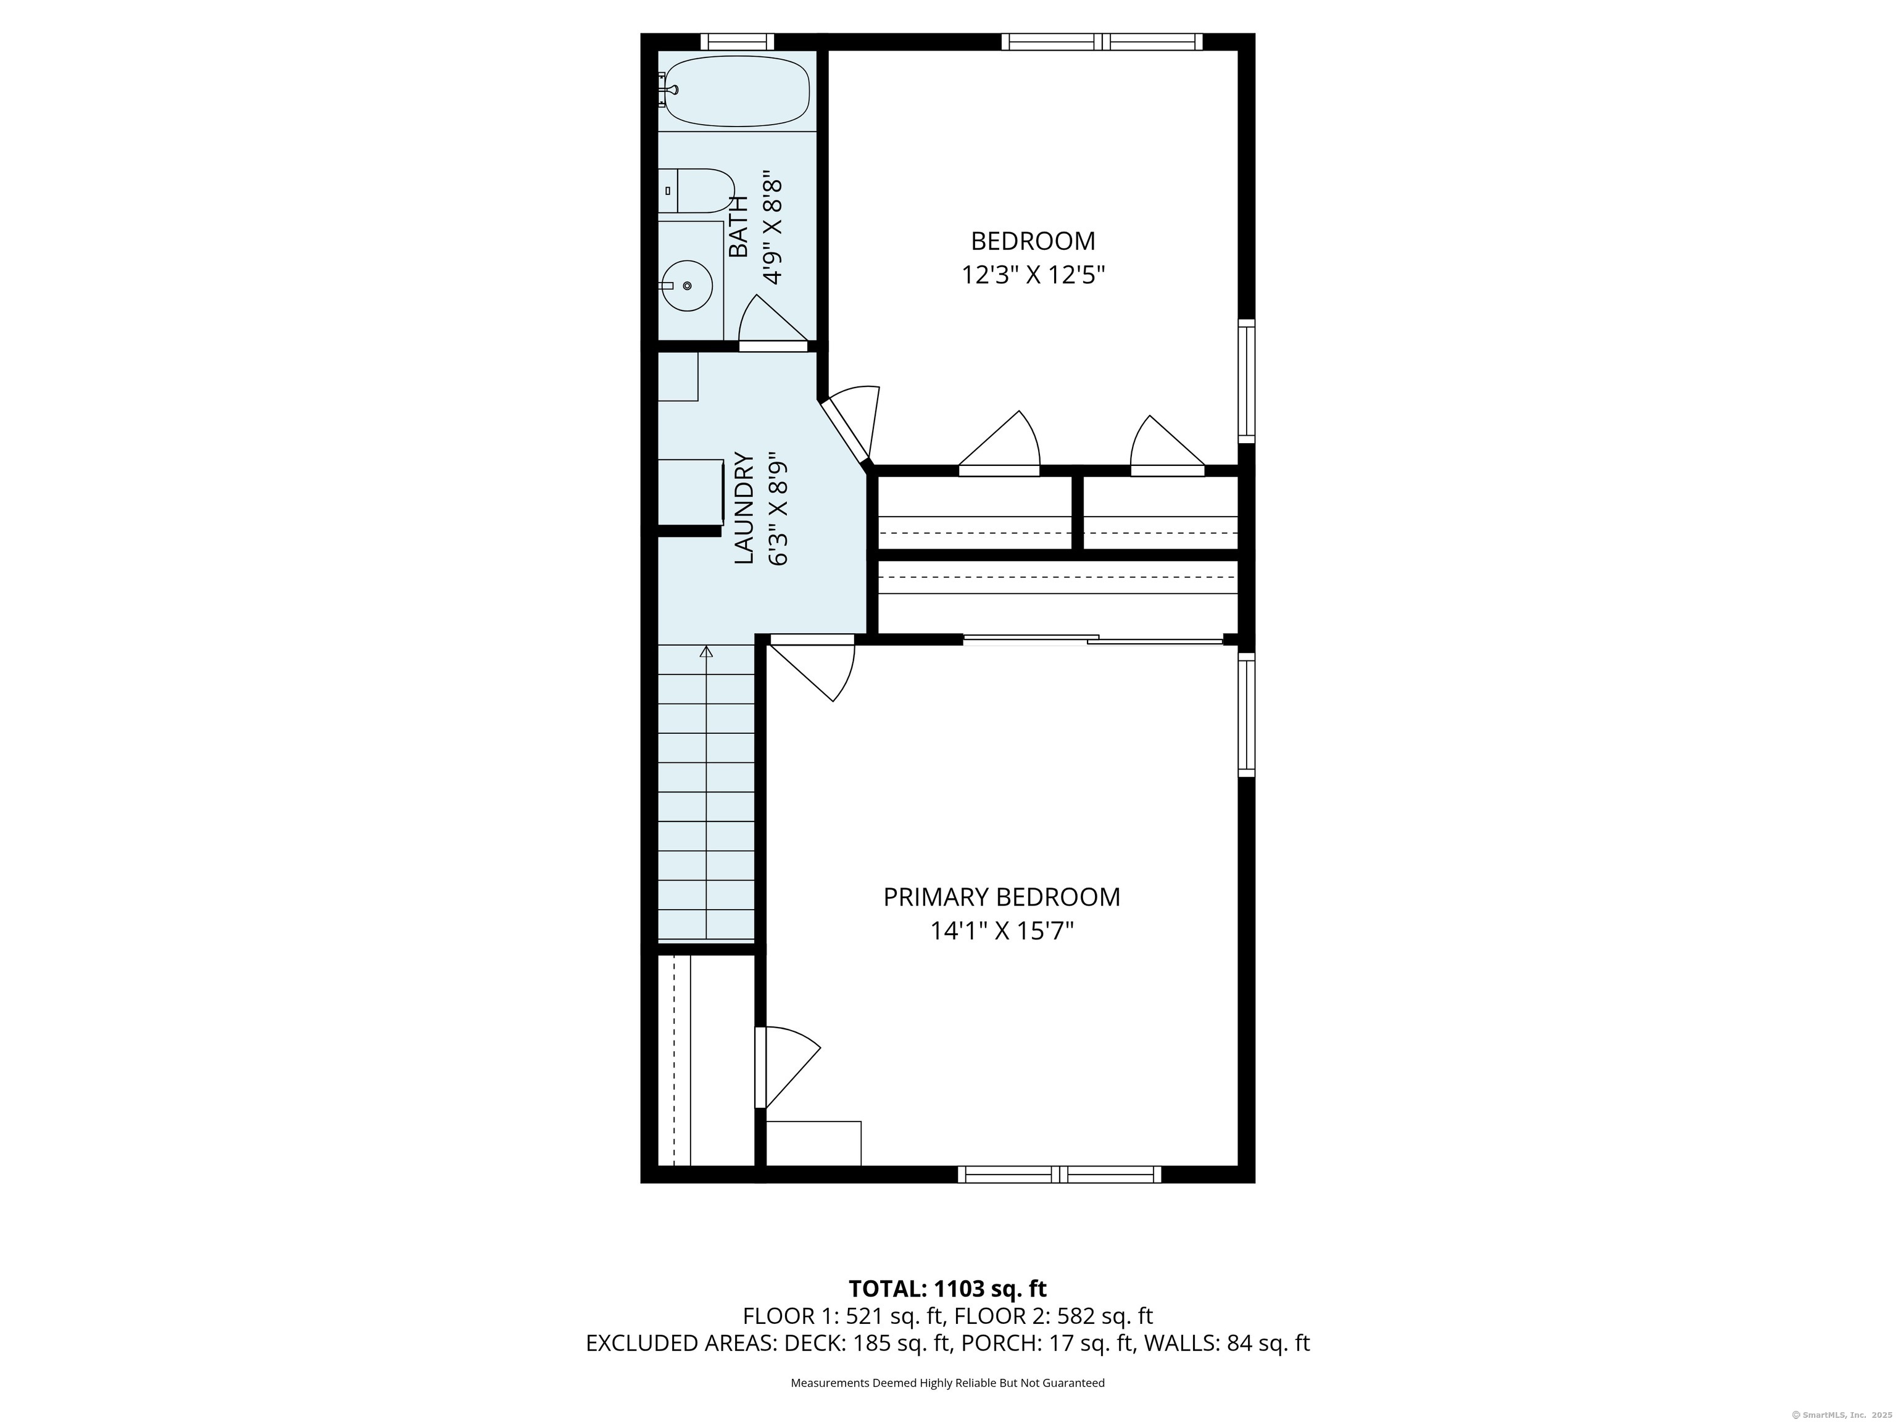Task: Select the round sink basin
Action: click(x=688, y=285)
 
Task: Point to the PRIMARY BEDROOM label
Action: click(x=1001, y=897)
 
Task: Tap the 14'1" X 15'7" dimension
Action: click(x=1002, y=931)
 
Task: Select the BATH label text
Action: click(x=738, y=227)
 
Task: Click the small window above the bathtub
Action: click(x=737, y=41)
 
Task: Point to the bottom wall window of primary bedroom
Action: click(x=1060, y=1175)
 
